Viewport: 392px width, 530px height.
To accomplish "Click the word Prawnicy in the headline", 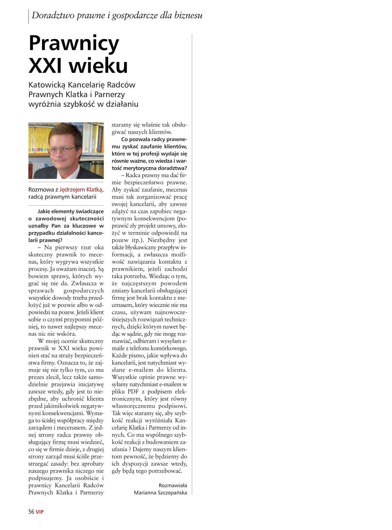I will tap(74, 44).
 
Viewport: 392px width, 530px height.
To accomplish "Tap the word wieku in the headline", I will tap(98, 66).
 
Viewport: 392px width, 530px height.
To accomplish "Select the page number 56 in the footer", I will tap(31, 511).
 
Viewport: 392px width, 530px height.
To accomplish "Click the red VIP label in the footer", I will tap(40, 512).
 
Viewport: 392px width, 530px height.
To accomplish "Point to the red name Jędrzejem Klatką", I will tap(81, 190).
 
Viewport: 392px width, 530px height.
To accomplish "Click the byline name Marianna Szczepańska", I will tap(160, 493).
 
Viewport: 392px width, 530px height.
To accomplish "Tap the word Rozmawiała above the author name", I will tap(173, 485).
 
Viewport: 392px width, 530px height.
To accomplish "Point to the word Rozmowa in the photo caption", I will tap(41, 190).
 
